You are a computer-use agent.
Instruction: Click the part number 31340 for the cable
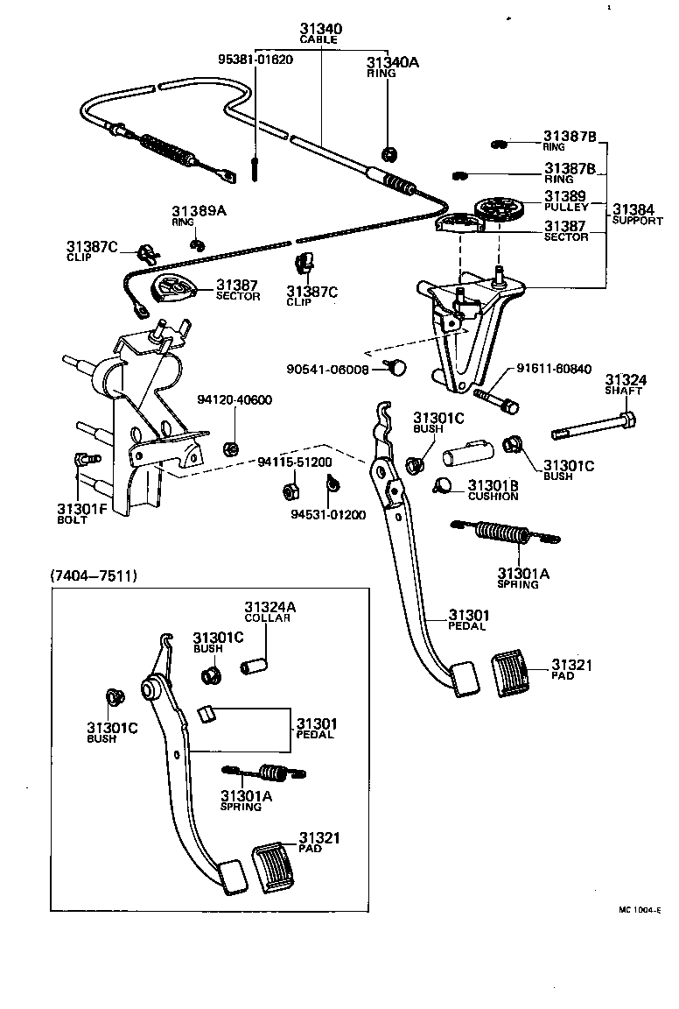pyautogui.click(x=320, y=29)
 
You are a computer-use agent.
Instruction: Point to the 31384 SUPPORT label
pyautogui.click(x=634, y=214)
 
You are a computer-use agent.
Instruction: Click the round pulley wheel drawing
pyautogui.click(x=498, y=210)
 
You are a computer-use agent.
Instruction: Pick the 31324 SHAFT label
pyautogui.click(x=626, y=385)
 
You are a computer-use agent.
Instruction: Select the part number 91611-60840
pyautogui.click(x=554, y=368)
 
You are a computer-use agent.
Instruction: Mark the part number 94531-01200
pyautogui.click(x=328, y=514)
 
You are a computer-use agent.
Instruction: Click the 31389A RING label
pyautogui.click(x=199, y=215)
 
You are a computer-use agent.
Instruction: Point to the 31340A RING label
pyautogui.click(x=393, y=67)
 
